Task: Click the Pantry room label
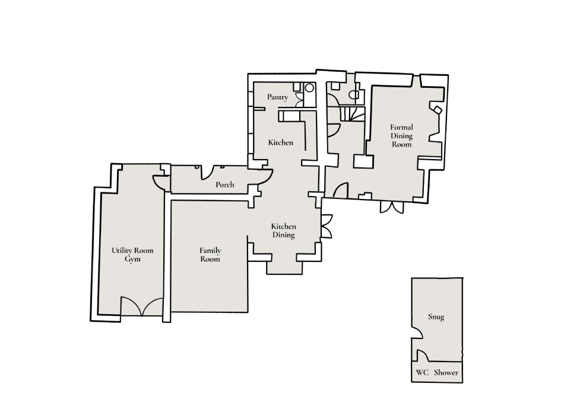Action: coord(278,97)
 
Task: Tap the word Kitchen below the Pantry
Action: coord(281,142)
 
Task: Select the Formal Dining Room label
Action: coord(401,135)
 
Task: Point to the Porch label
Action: coord(225,185)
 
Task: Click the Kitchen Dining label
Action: coord(284,231)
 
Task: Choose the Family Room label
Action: coord(210,255)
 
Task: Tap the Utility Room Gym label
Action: coord(129,255)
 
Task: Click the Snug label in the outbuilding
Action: coord(436,317)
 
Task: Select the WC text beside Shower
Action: coord(422,373)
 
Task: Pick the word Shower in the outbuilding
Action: coord(446,373)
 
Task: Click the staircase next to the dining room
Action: coord(351,114)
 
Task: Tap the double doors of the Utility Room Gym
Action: coord(141,306)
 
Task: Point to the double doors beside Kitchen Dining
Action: coord(326,229)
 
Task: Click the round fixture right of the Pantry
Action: coord(309,88)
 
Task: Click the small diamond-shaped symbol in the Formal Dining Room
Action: coord(437,110)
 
